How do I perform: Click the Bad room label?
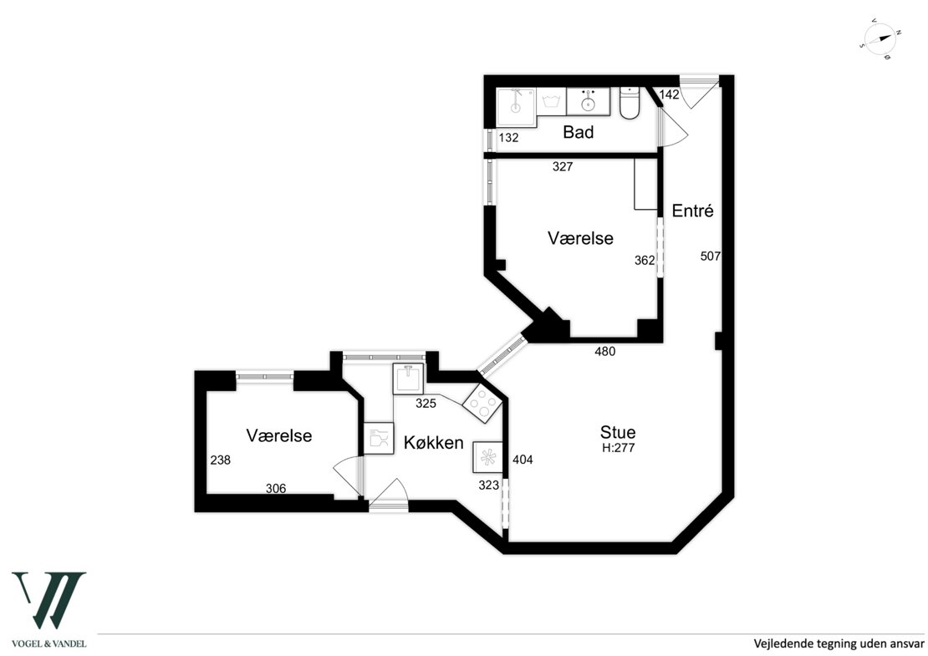click(579, 132)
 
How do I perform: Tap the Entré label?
click(693, 211)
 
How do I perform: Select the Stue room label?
click(618, 432)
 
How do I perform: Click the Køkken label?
click(434, 442)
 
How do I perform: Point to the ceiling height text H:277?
click(619, 448)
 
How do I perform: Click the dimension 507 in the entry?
click(710, 256)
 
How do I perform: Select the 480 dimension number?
click(604, 351)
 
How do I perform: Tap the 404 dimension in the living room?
click(523, 459)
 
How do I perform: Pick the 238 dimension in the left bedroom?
click(220, 460)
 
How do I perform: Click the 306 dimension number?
click(276, 488)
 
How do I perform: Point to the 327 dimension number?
click(563, 167)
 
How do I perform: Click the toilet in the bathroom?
click(630, 104)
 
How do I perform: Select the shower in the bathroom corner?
click(516, 108)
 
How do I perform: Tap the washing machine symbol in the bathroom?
click(551, 102)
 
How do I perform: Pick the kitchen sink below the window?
click(408, 379)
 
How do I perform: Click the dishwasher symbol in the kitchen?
click(378, 439)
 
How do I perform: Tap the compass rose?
click(881, 39)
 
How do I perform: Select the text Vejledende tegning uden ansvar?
click(839, 643)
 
